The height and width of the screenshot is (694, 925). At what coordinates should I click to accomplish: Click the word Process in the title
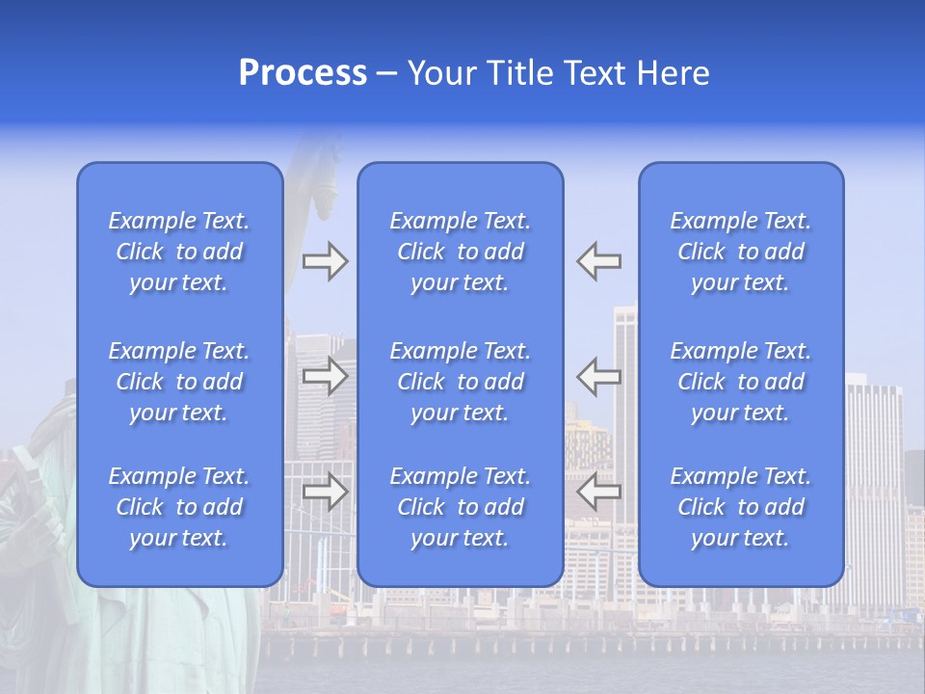pyautogui.click(x=303, y=73)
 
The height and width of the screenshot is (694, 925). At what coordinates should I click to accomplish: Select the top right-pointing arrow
pyautogui.click(x=325, y=261)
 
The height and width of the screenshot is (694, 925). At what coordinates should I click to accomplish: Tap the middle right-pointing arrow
pyautogui.click(x=325, y=377)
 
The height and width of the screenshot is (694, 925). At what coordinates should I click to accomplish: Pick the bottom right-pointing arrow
pyautogui.click(x=325, y=493)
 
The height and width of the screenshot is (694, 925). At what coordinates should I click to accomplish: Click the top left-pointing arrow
pyautogui.click(x=599, y=261)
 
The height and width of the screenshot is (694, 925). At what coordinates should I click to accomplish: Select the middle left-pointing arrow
pyautogui.click(x=599, y=377)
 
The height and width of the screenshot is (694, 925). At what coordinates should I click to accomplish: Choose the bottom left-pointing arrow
pyautogui.click(x=599, y=493)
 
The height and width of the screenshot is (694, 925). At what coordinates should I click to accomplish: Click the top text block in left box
pyautogui.click(x=179, y=252)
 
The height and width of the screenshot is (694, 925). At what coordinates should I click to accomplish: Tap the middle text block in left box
pyautogui.click(x=179, y=382)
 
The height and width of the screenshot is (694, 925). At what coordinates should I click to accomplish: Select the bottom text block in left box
pyautogui.click(x=179, y=507)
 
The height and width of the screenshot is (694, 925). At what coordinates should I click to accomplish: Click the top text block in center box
pyautogui.click(x=461, y=252)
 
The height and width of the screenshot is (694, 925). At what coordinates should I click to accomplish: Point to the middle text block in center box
pyautogui.click(x=461, y=382)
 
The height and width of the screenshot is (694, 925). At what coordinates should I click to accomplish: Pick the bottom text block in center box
pyautogui.click(x=461, y=507)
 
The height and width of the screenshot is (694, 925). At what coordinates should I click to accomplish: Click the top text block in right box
pyautogui.click(x=741, y=252)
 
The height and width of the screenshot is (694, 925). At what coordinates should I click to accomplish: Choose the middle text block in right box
pyautogui.click(x=741, y=382)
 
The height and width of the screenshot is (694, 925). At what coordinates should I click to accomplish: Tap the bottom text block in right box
pyautogui.click(x=741, y=507)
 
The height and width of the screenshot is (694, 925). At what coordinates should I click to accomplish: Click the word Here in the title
pyautogui.click(x=673, y=73)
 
